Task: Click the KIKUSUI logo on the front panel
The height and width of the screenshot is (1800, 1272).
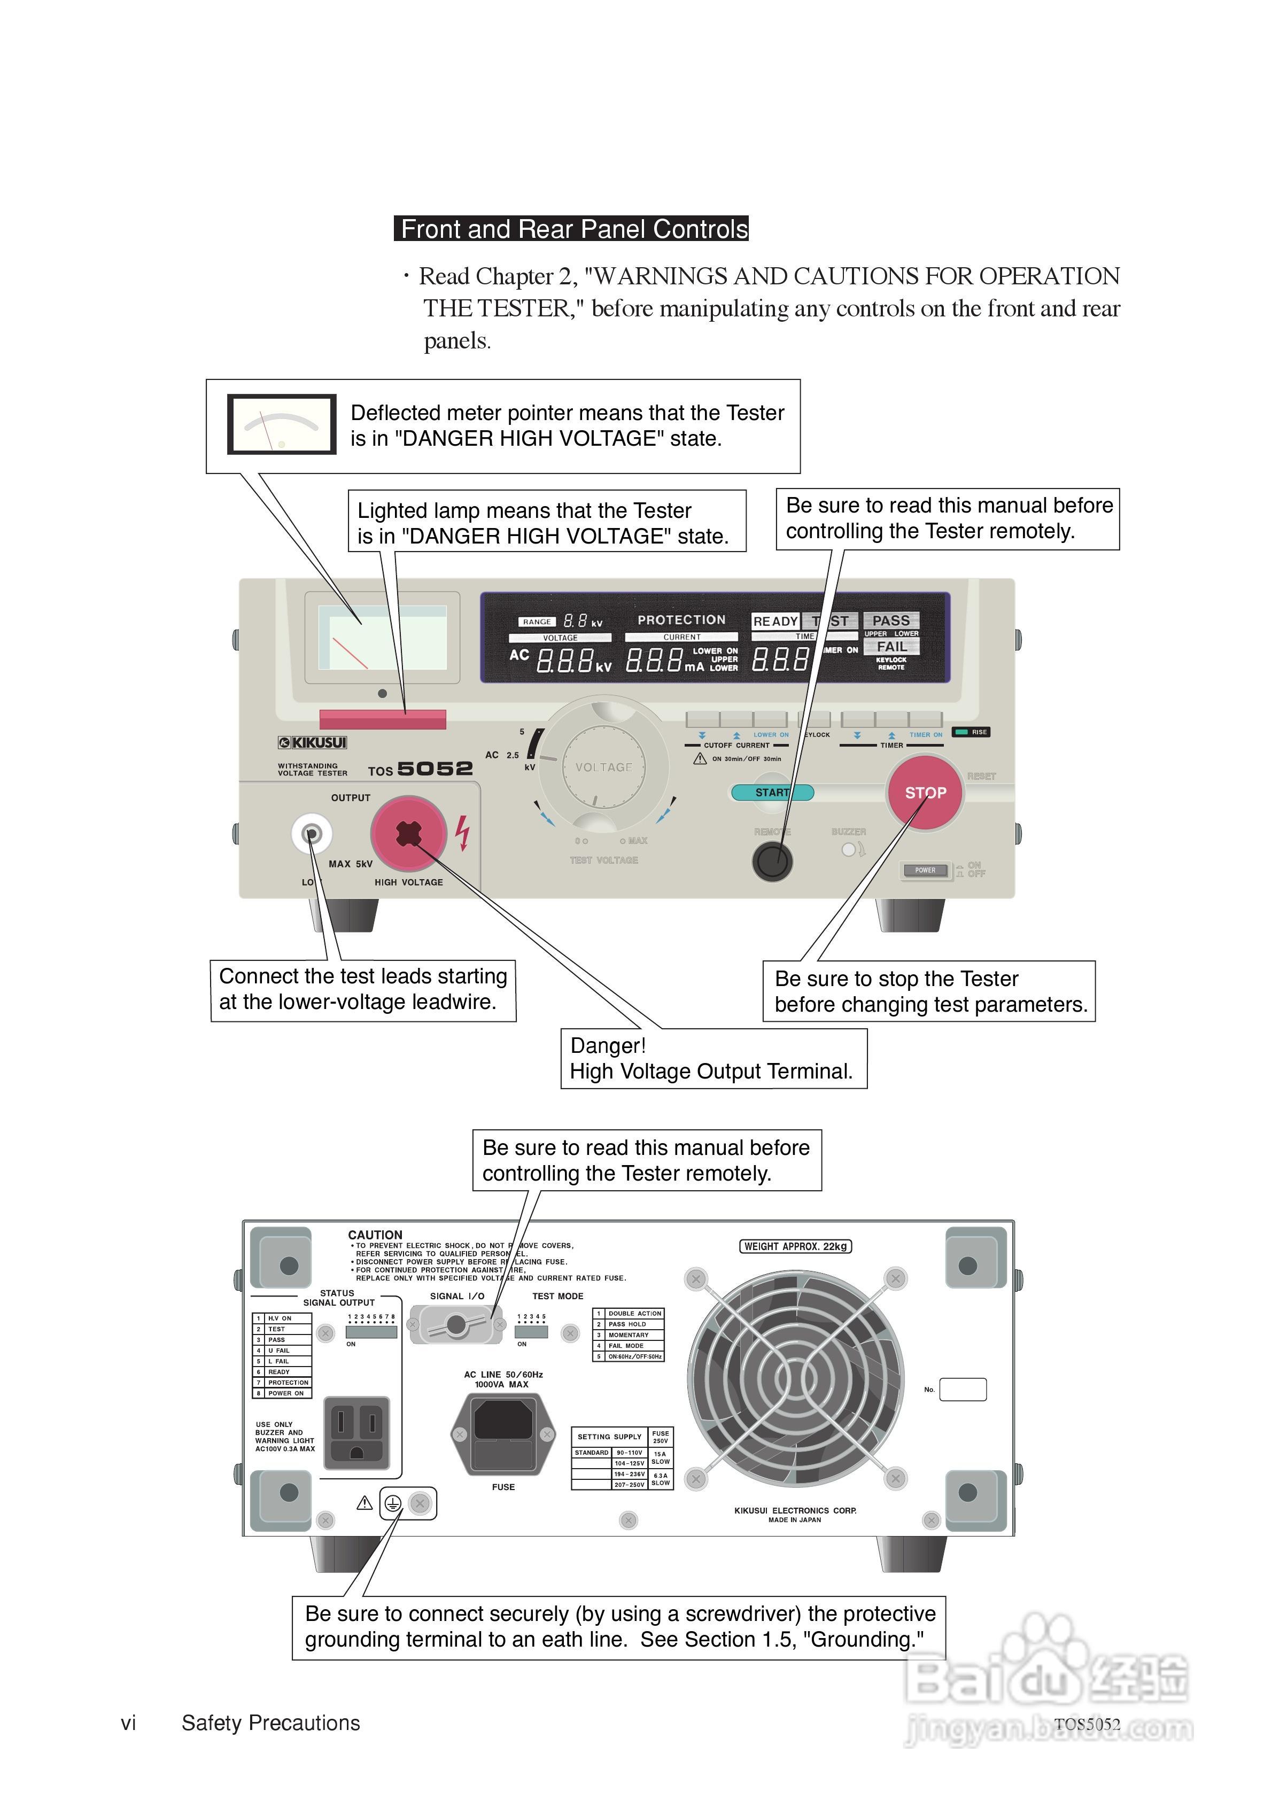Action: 312,742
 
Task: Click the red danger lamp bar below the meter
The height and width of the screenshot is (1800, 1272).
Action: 383,719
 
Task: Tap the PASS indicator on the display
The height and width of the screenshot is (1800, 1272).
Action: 891,621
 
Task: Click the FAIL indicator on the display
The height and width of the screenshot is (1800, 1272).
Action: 891,647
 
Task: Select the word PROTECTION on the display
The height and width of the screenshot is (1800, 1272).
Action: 681,620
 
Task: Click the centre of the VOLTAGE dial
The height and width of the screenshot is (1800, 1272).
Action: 604,767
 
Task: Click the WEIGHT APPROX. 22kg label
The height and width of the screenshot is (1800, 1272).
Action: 795,1246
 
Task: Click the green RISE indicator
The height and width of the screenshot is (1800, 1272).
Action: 971,732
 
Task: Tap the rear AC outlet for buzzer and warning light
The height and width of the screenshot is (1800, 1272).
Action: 357,1432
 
